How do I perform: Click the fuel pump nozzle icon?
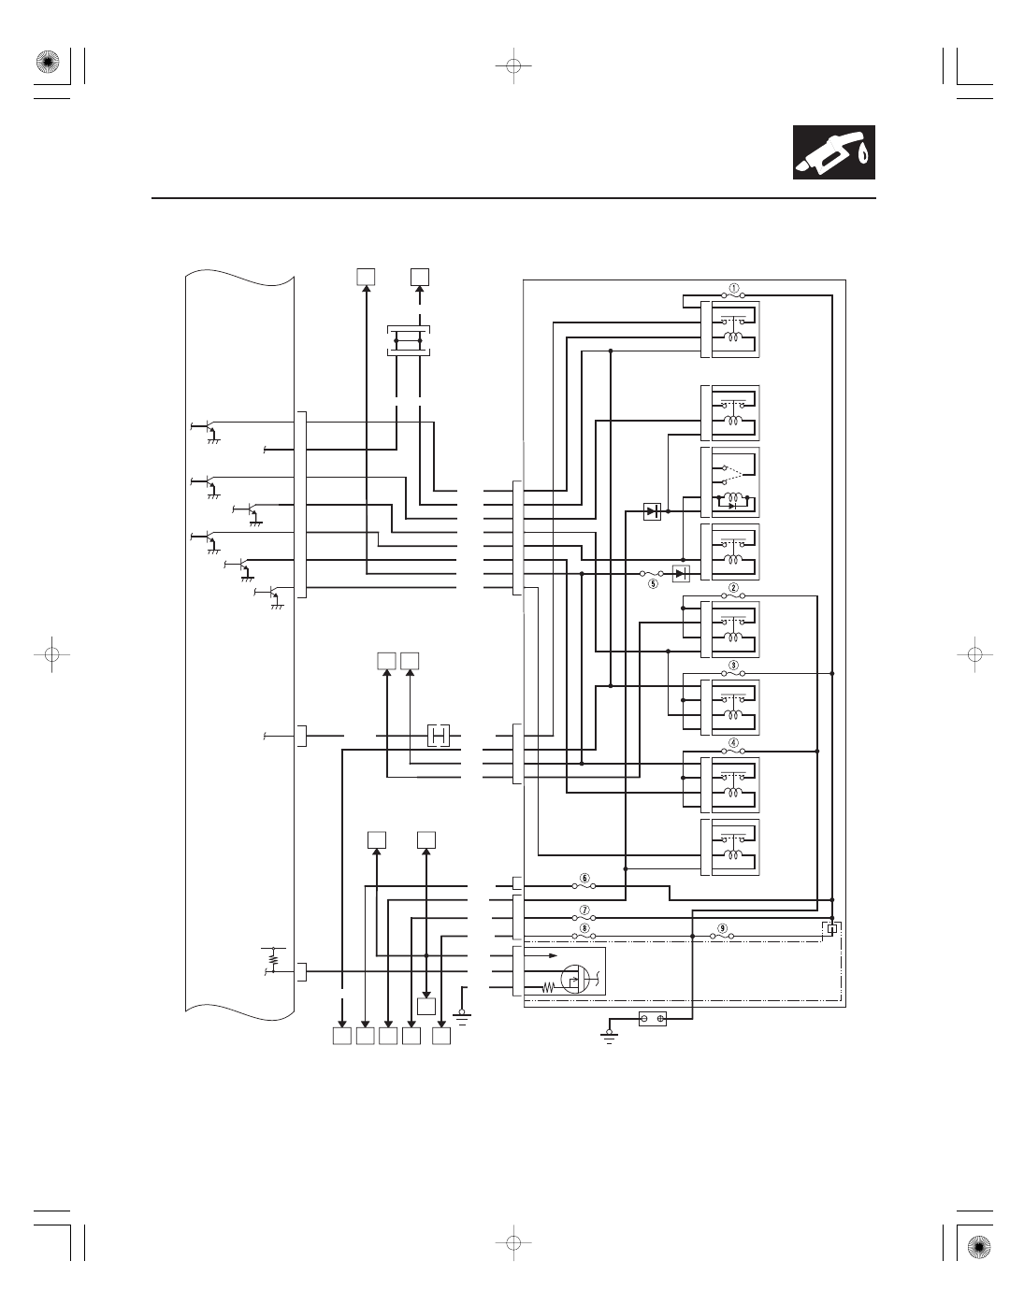(834, 152)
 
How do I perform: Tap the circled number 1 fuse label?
(733, 288)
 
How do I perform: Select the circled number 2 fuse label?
(733, 587)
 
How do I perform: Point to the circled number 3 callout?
(733, 666)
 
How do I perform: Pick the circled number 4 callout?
(733, 743)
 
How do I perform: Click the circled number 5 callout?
(653, 582)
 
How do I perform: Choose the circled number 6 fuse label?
(584, 878)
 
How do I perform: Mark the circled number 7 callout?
(584, 910)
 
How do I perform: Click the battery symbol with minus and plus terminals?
(653, 1019)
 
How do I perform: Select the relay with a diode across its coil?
(730, 482)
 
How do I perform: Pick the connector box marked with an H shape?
(439, 735)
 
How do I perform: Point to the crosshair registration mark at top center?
(512, 65)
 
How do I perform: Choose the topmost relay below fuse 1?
(730, 329)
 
